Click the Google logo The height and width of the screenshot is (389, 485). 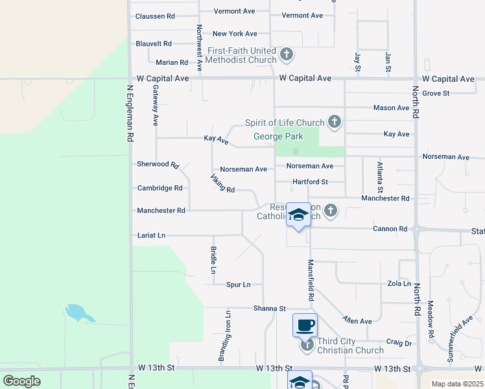point(21,381)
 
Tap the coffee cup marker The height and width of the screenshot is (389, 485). point(305,325)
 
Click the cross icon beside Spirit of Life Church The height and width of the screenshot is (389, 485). point(335,121)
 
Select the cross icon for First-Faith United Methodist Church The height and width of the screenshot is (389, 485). point(287,54)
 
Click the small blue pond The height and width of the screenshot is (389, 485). point(77,312)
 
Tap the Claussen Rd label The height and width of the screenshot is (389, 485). point(156,16)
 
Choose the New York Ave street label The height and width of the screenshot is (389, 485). point(235,34)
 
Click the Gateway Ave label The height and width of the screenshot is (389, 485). point(156,108)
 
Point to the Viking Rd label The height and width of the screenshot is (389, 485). point(222,183)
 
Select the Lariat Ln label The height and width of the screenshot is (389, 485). point(152,235)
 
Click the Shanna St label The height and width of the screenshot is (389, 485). point(270,309)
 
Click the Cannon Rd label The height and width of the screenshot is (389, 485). point(390,229)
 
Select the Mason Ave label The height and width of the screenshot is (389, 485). point(391,108)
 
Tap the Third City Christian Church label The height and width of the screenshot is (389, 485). point(350,346)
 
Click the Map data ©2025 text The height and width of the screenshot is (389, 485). point(457,384)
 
